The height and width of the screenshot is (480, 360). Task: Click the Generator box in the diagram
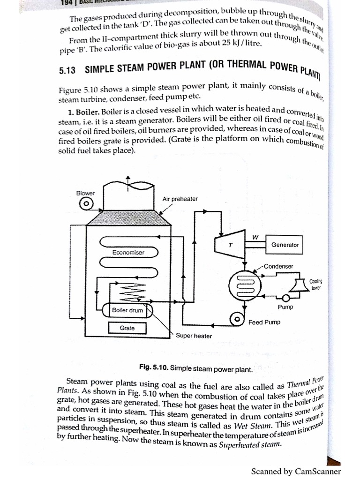(285, 245)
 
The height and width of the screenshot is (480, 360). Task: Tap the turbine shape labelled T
(230, 245)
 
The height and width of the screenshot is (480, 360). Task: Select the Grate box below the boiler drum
(127, 328)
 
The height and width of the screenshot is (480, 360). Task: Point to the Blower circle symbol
(86, 204)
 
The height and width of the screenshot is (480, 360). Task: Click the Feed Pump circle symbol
(237, 319)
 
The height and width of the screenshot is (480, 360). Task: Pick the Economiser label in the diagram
(128, 253)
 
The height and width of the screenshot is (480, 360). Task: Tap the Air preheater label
(180, 199)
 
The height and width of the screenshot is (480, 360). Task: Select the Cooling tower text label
(316, 284)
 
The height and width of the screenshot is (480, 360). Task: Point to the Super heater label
(194, 336)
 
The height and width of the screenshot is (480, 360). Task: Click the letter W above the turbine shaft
(255, 237)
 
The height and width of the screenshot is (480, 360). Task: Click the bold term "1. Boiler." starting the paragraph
(83, 112)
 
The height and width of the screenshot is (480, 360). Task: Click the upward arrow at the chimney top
(128, 180)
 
